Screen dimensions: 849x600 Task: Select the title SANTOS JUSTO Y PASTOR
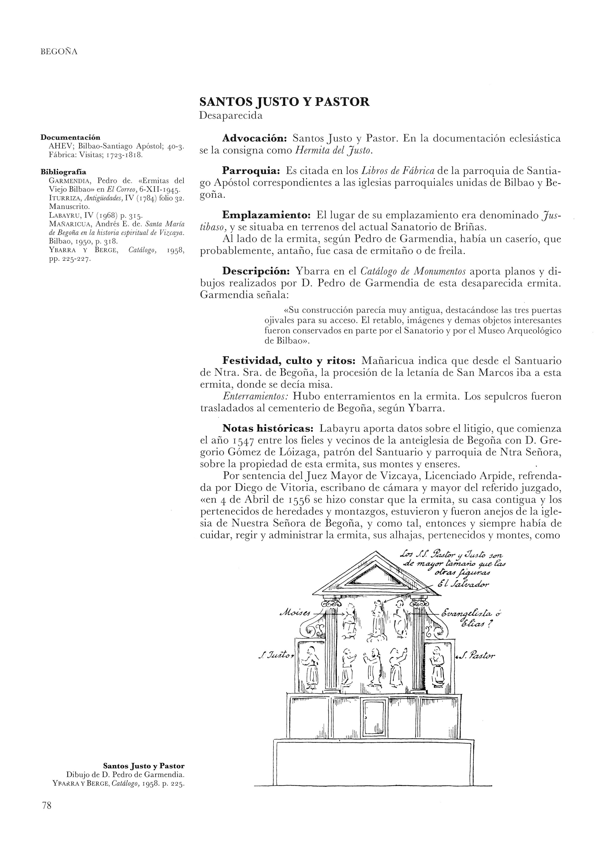(x=284, y=102)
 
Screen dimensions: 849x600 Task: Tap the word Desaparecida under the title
(x=231, y=116)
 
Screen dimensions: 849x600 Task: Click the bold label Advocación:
(x=255, y=139)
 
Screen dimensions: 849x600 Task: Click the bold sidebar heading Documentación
(x=70, y=138)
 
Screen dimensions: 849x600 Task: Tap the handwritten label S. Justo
(x=275, y=656)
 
